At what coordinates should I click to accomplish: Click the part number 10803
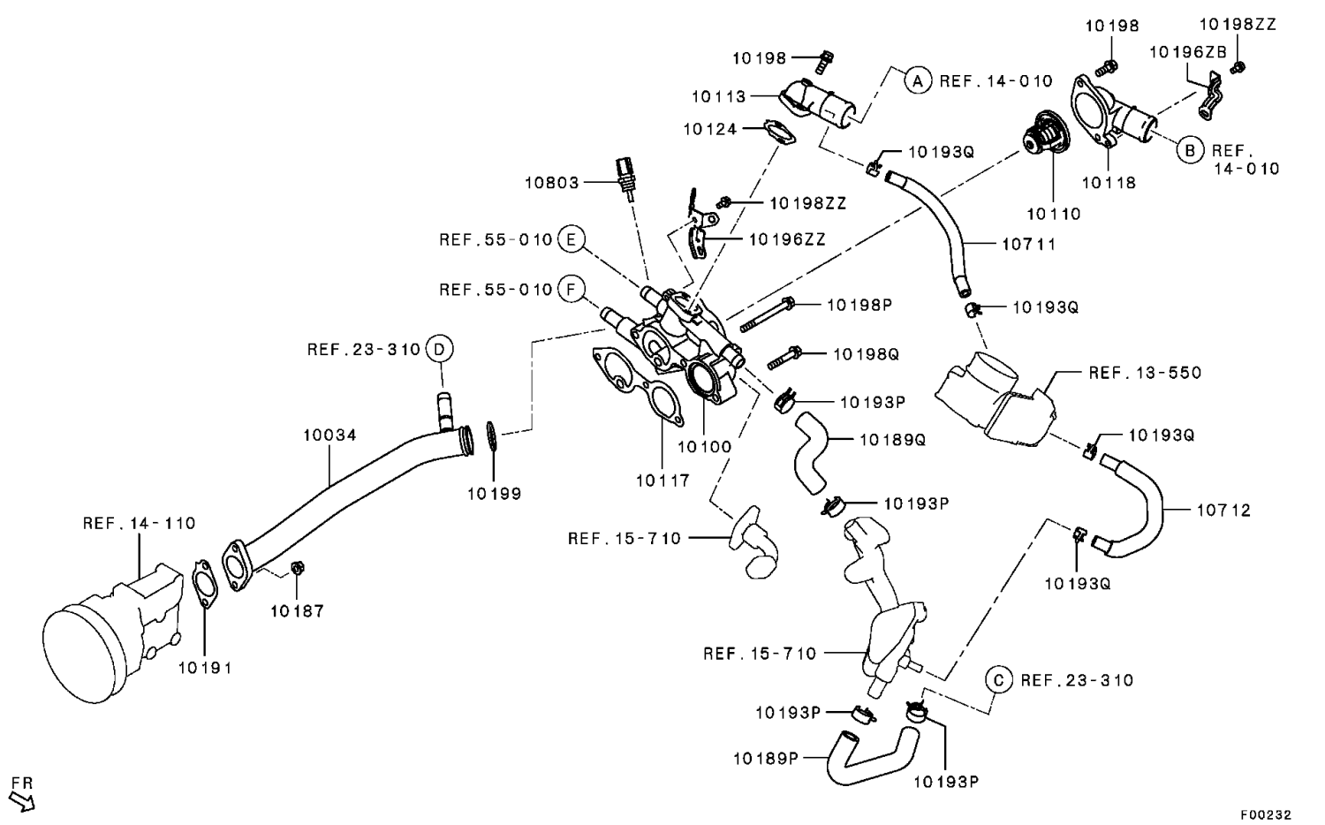click(551, 183)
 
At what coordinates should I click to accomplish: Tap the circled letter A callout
click(918, 81)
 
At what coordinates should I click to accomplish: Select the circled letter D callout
click(439, 349)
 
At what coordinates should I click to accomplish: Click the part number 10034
click(329, 435)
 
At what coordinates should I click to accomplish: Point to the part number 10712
click(1223, 511)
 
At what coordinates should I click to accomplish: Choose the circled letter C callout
click(999, 680)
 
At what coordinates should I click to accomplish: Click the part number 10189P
click(765, 758)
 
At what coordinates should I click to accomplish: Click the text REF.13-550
click(1145, 373)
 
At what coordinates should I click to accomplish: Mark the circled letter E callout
click(572, 239)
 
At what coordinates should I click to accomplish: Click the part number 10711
click(1029, 244)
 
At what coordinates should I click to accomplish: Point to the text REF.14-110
click(140, 523)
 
